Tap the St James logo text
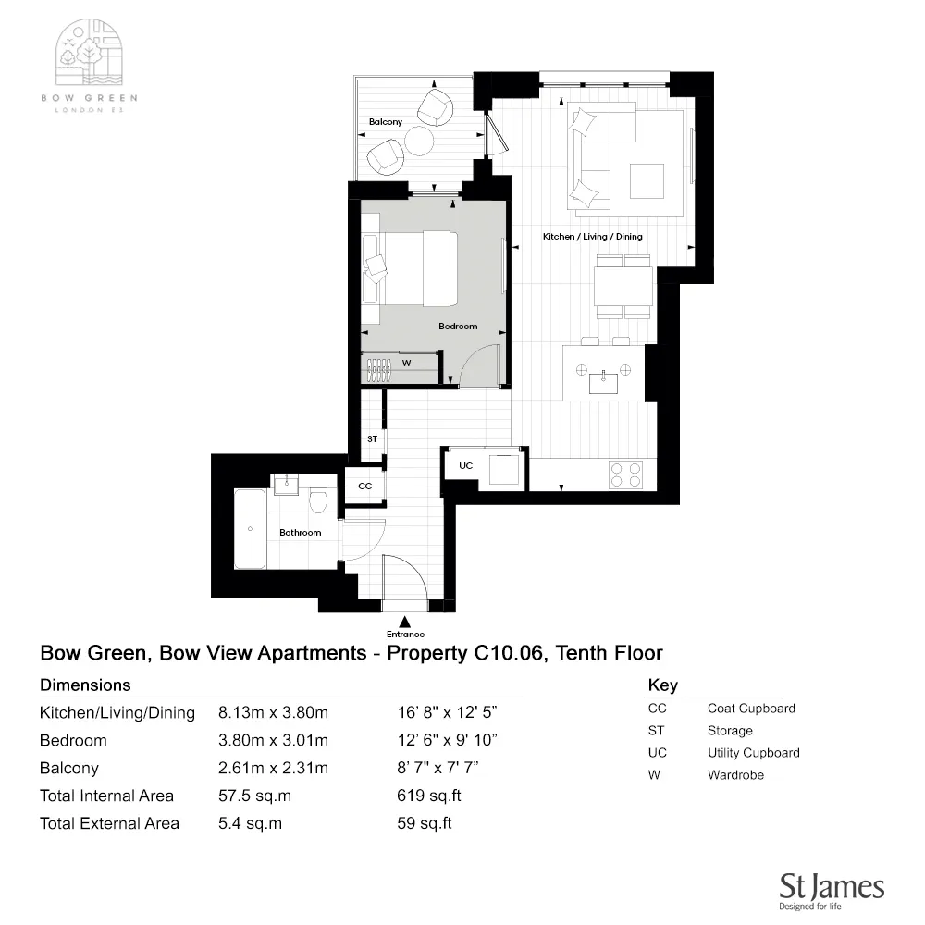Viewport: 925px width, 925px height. (832, 887)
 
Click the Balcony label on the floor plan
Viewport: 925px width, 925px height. (386, 122)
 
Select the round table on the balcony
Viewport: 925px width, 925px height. (418, 141)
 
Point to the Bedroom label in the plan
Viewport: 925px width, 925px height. (458, 327)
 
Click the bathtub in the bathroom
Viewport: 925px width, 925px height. (250, 529)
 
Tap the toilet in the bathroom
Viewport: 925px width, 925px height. (319, 501)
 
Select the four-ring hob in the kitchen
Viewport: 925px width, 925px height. (625, 475)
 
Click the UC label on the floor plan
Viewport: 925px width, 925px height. (466, 465)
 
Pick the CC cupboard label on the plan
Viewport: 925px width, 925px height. (364, 486)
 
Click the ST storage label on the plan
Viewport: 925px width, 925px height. (372, 438)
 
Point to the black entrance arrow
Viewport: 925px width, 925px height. (405, 621)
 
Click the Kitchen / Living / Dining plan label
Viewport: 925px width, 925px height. (592, 237)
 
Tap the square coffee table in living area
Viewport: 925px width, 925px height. (647, 180)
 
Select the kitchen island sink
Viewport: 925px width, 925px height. (603, 376)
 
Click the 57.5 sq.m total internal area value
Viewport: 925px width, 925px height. (250, 795)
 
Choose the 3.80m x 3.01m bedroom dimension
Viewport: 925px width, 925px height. (273, 740)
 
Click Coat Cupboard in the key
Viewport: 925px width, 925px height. (751, 709)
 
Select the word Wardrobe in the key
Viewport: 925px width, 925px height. (735, 775)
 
